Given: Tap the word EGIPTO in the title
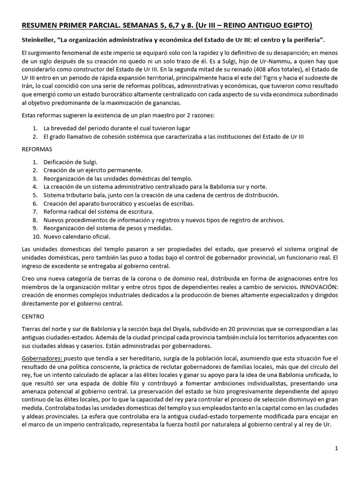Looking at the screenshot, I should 294,25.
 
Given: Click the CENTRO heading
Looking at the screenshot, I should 33,316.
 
